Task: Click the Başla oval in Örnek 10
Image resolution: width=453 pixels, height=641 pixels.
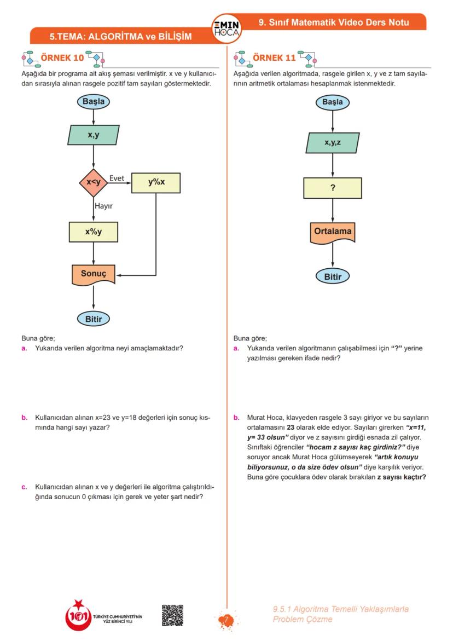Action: [94, 101]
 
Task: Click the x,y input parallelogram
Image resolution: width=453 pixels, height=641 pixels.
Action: [94, 135]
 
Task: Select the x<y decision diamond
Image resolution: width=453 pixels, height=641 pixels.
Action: [94, 183]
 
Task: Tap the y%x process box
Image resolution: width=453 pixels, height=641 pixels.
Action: [156, 183]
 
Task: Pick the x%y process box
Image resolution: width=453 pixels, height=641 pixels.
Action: [94, 232]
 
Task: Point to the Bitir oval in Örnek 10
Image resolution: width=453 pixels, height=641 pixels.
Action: [94, 319]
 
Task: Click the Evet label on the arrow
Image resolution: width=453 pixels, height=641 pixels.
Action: [117, 178]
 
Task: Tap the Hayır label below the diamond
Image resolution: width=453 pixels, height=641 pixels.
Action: [103, 206]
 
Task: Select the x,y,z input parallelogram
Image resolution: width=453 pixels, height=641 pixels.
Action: [333, 143]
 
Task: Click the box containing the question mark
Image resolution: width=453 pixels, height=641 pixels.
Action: [333, 188]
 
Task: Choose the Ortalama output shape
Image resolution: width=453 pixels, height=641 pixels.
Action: [333, 232]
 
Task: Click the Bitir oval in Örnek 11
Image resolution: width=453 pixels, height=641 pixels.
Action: [333, 276]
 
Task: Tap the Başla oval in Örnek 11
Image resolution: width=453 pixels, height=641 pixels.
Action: [333, 102]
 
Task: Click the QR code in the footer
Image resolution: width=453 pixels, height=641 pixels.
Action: [172, 616]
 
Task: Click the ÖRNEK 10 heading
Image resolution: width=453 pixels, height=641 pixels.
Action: [62, 57]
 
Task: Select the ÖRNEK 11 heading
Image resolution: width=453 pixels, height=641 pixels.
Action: [274, 57]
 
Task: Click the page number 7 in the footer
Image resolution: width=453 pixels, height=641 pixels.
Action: [226, 620]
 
